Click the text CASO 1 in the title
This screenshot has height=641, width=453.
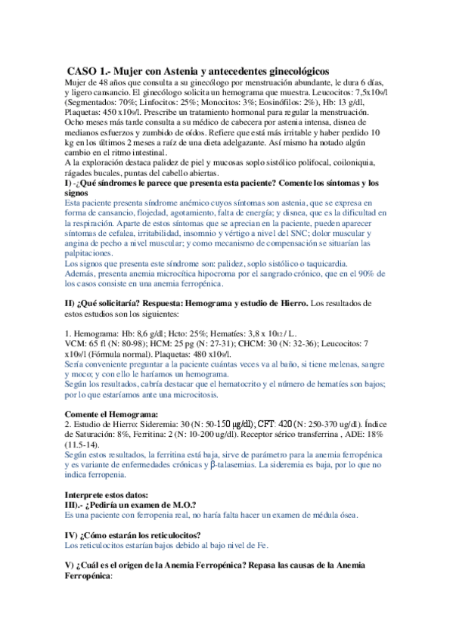pos(89,70)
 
